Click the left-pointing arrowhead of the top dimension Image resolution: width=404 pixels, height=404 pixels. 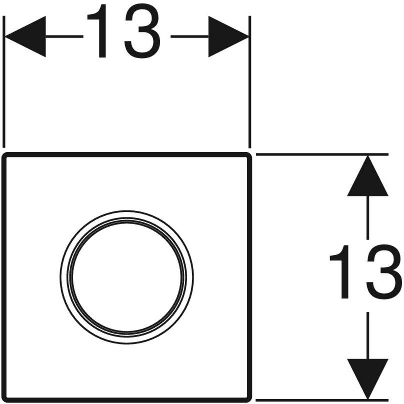(25, 36)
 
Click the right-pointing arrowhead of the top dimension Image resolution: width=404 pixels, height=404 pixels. (229, 36)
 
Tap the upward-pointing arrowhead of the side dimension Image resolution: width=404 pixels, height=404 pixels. (368, 176)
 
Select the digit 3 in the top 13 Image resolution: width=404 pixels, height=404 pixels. (142, 31)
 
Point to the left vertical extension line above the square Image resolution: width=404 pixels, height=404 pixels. (4, 82)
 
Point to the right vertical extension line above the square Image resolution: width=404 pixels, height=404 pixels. (250, 82)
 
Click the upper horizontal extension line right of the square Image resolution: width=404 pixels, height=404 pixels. (322, 154)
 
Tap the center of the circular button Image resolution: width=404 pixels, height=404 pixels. (127, 277)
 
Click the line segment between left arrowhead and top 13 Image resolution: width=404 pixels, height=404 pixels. (64, 36)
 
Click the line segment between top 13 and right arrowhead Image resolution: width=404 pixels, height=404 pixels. (190, 36)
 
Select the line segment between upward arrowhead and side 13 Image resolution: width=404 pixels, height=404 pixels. (368, 217)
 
